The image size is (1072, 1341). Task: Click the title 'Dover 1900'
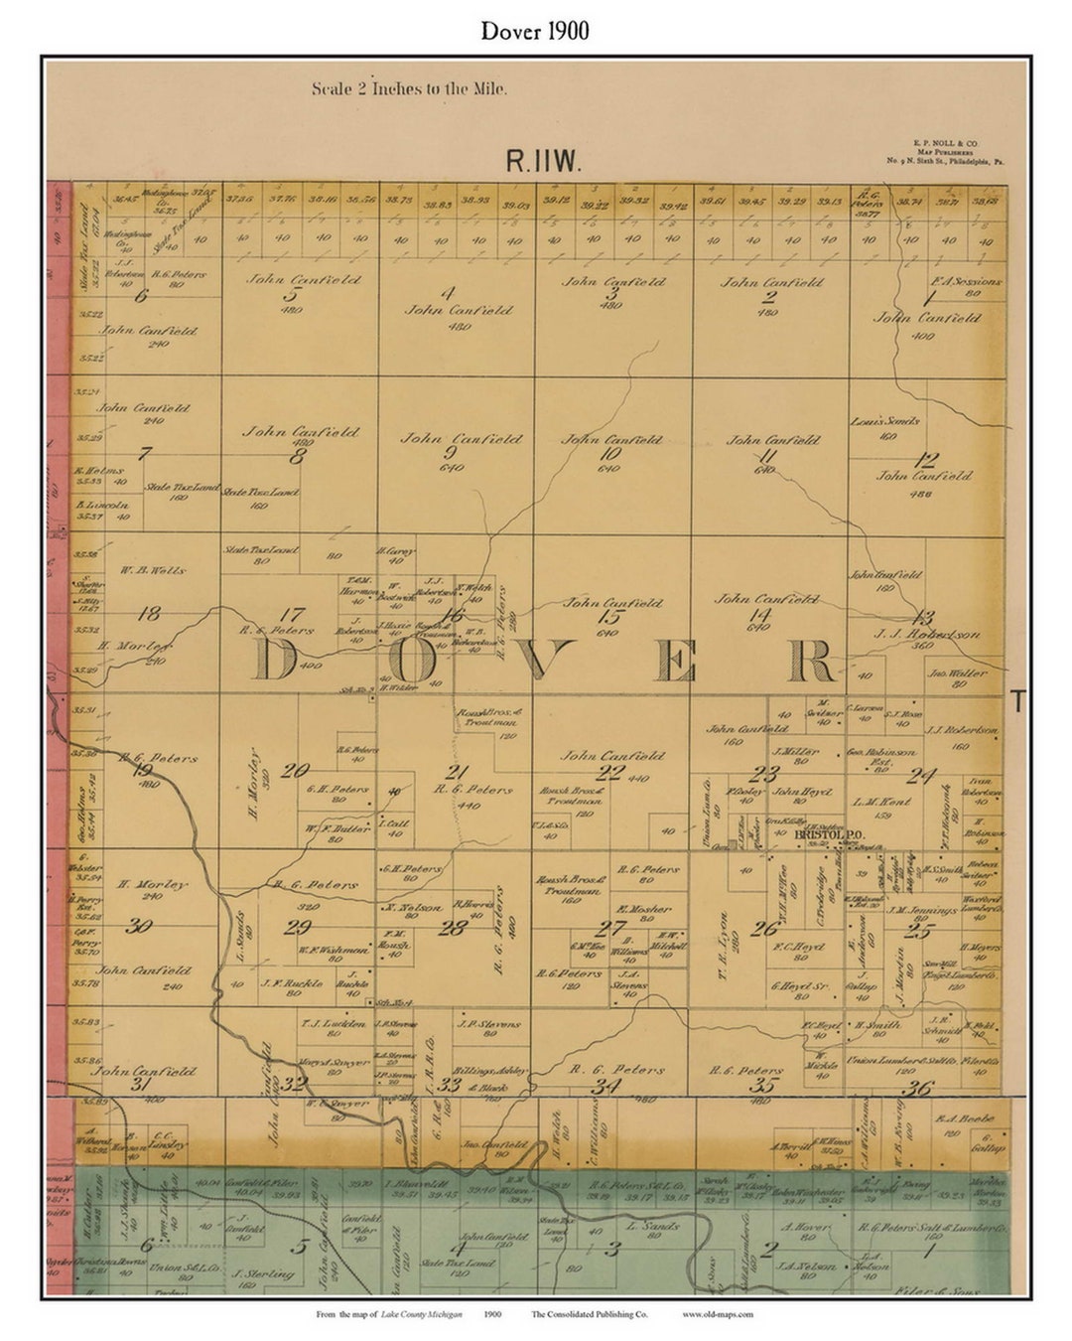pyautogui.click(x=535, y=31)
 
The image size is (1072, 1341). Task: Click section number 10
pyautogui.click(x=610, y=454)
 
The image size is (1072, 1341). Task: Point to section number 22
pyautogui.click(x=609, y=772)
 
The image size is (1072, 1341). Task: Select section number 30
pyautogui.click(x=139, y=926)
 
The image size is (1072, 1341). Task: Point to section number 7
pyautogui.click(x=145, y=453)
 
